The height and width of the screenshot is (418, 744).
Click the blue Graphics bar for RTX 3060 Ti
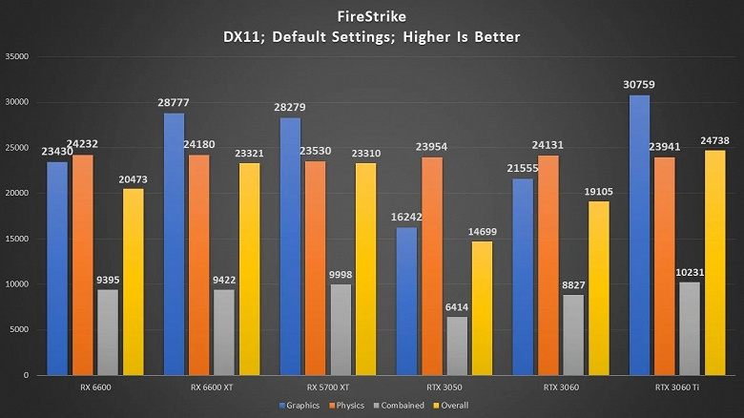coord(639,235)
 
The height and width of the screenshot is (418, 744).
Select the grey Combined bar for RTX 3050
coord(457,345)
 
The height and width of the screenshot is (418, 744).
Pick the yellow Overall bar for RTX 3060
coord(598,287)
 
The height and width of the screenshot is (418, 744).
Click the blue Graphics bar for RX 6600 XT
coord(175,243)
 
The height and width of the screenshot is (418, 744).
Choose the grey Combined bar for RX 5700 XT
coord(341,329)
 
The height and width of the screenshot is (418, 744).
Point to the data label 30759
coord(638,85)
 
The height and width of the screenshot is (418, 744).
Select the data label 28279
coord(290,108)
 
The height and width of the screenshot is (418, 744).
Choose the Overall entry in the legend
coord(450,405)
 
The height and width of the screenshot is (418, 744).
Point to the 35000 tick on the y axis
coord(18,56)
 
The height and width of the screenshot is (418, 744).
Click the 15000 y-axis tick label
coord(18,239)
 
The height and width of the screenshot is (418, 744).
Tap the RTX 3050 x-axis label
coord(445,387)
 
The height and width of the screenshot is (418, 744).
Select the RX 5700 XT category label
coord(329,387)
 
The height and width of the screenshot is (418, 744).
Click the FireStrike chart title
coord(372,16)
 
